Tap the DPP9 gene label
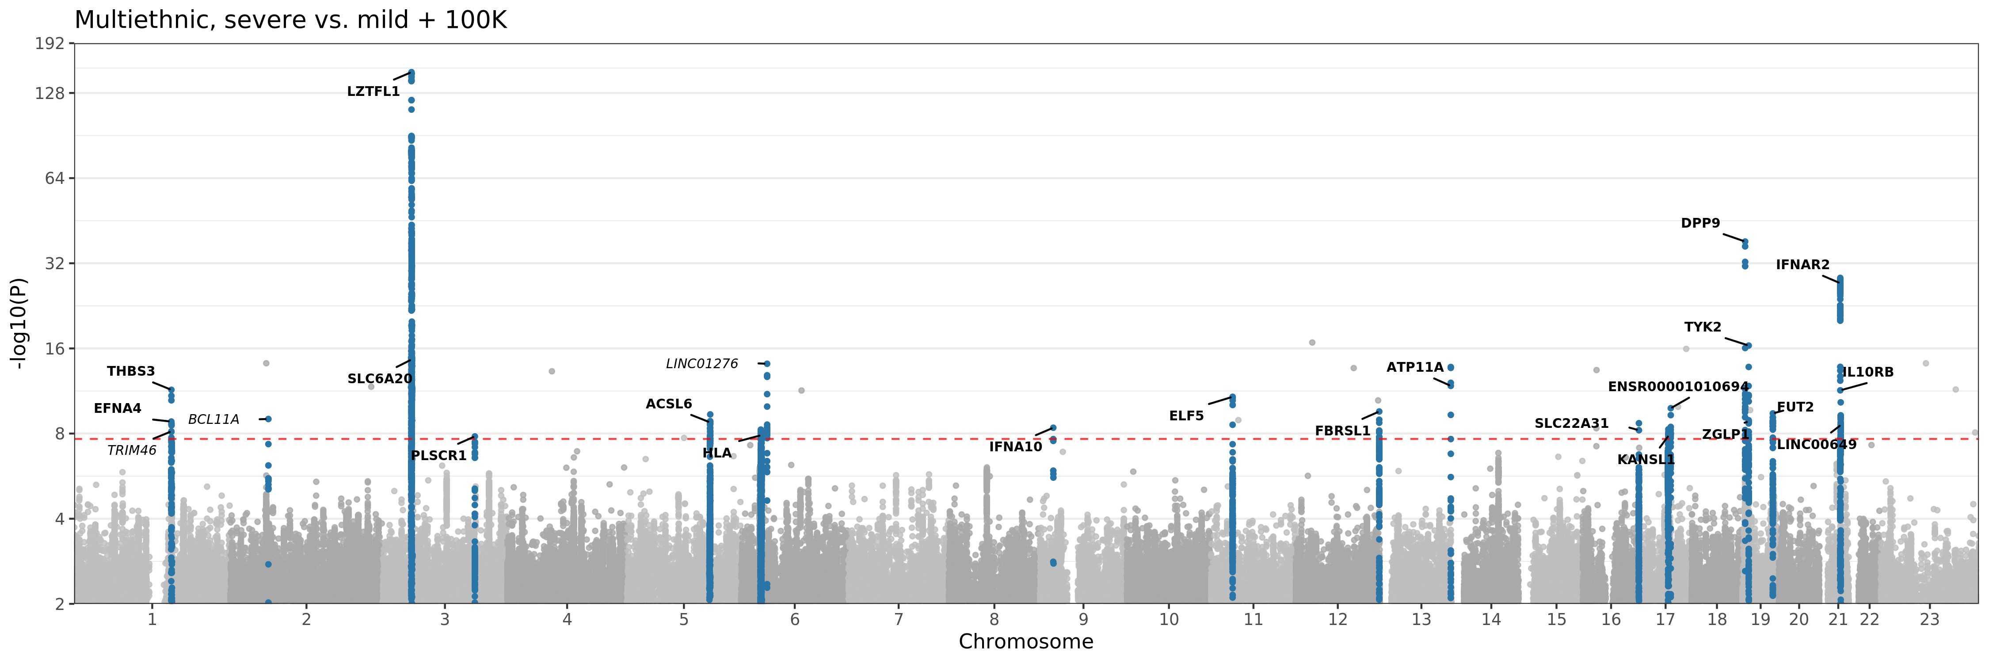[x=1700, y=223]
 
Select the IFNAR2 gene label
[x=1802, y=265]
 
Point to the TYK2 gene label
[x=1703, y=327]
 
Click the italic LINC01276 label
[x=702, y=363]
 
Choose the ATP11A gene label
[x=1414, y=367]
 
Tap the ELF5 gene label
[x=1186, y=416]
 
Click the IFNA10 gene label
[x=1015, y=447]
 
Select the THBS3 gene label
[x=130, y=371]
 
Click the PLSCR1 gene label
[x=438, y=455]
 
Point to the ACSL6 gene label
[x=669, y=404]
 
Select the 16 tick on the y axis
[x=54, y=349]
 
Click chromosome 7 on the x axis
[x=899, y=619]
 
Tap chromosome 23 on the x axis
[x=1929, y=619]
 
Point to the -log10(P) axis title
[x=19, y=324]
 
